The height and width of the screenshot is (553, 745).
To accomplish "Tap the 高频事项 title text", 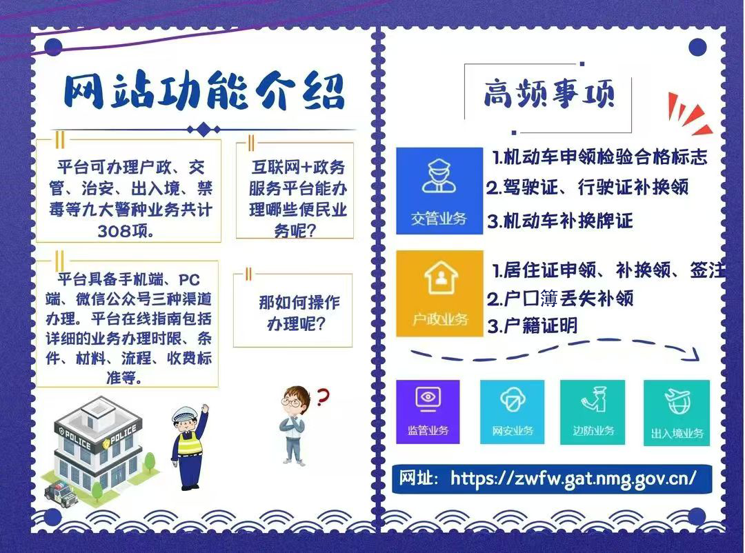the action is (x=549, y=94).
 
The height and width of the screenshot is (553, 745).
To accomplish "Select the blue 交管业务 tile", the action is (x=439, y=190).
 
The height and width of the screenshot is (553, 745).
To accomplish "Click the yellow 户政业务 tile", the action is (x=439, y=294).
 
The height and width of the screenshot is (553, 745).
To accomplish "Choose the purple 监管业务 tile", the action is (x=428, y=412).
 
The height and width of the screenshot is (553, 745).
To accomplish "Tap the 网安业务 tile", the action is (x=512, y=412).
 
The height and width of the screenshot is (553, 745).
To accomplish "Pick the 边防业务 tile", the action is (x=593, y=412).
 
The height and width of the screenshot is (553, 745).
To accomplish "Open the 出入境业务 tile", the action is (x=677, y=412).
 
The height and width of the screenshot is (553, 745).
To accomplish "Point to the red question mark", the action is (x=323, y=396).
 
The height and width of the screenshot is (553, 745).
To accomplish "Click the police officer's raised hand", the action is (x=205, y=409).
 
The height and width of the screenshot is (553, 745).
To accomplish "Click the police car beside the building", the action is (x=60, y=490).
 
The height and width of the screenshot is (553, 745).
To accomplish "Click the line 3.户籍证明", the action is (x=533, y=326).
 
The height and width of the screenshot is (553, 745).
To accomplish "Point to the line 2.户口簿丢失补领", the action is (x=560, y=299).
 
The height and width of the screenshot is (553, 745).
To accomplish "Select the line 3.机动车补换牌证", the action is (x=560, y=221).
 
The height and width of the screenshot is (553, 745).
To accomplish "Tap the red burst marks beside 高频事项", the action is (x=690, y=113).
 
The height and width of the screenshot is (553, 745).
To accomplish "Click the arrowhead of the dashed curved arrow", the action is (x=695, y=354).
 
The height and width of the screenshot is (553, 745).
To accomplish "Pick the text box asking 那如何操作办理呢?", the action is (x=292, y=311).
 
